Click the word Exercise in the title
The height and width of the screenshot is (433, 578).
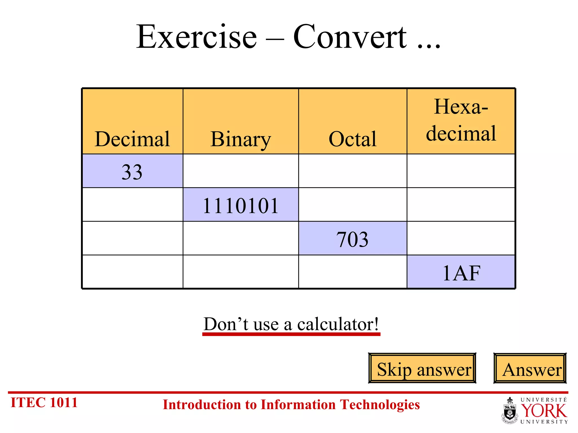[196, 37]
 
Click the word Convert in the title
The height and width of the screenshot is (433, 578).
[350, 37]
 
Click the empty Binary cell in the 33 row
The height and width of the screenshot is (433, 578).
[240, 171]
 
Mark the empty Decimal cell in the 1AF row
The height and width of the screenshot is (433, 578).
[132, 272]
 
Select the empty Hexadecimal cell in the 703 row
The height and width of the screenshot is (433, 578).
[461, 238]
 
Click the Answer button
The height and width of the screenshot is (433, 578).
[530, 368]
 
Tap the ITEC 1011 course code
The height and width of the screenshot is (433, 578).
[44, 403]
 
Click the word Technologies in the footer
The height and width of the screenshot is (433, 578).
[380, 405]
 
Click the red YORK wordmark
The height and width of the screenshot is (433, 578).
[544, 411]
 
